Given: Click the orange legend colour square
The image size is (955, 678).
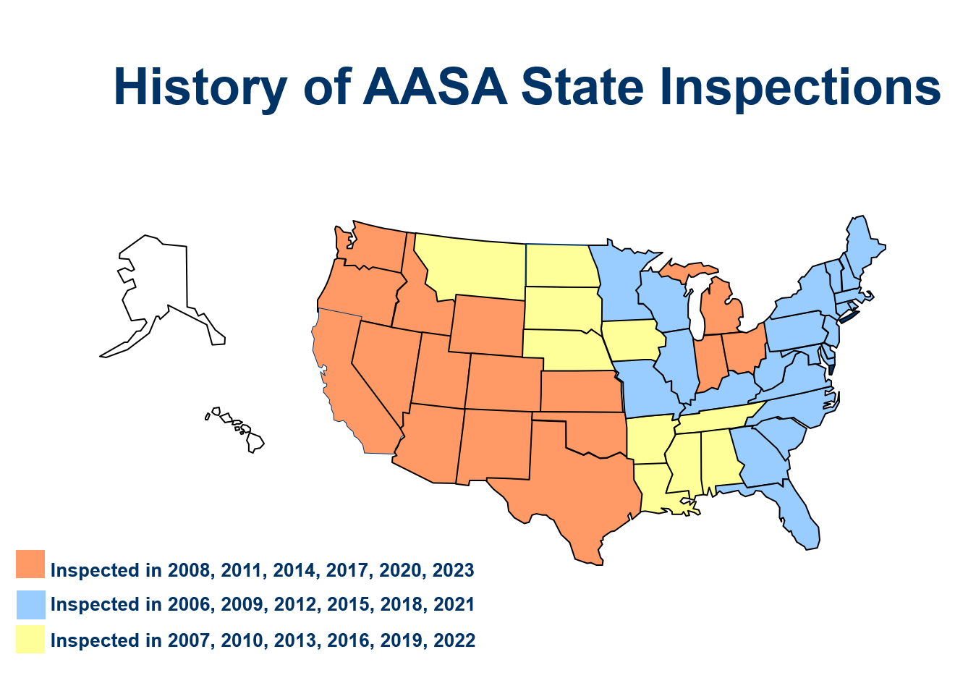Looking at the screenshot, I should (x=30, y=564).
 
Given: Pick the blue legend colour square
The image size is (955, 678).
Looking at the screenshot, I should (x=30, y=604).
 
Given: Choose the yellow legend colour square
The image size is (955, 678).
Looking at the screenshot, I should (x=30, y=640).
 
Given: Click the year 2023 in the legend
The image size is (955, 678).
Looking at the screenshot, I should (x=453, y=570).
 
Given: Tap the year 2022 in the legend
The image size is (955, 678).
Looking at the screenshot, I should (x=454, y=640).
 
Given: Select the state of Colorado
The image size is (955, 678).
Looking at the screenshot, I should (x=504, y=382).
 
